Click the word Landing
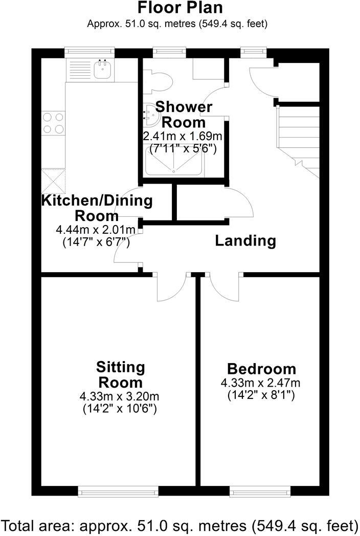coord(245,240)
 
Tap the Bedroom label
coord(261,369)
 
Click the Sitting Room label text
coord(121,374)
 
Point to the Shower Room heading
coord(184,115)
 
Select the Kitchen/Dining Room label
coord(97,207)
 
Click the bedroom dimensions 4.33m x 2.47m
coord(260,383)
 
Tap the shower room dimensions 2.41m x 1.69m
coord(184,137)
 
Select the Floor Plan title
coord(180,9)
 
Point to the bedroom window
coord(260,491)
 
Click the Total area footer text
coord(180,525)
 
